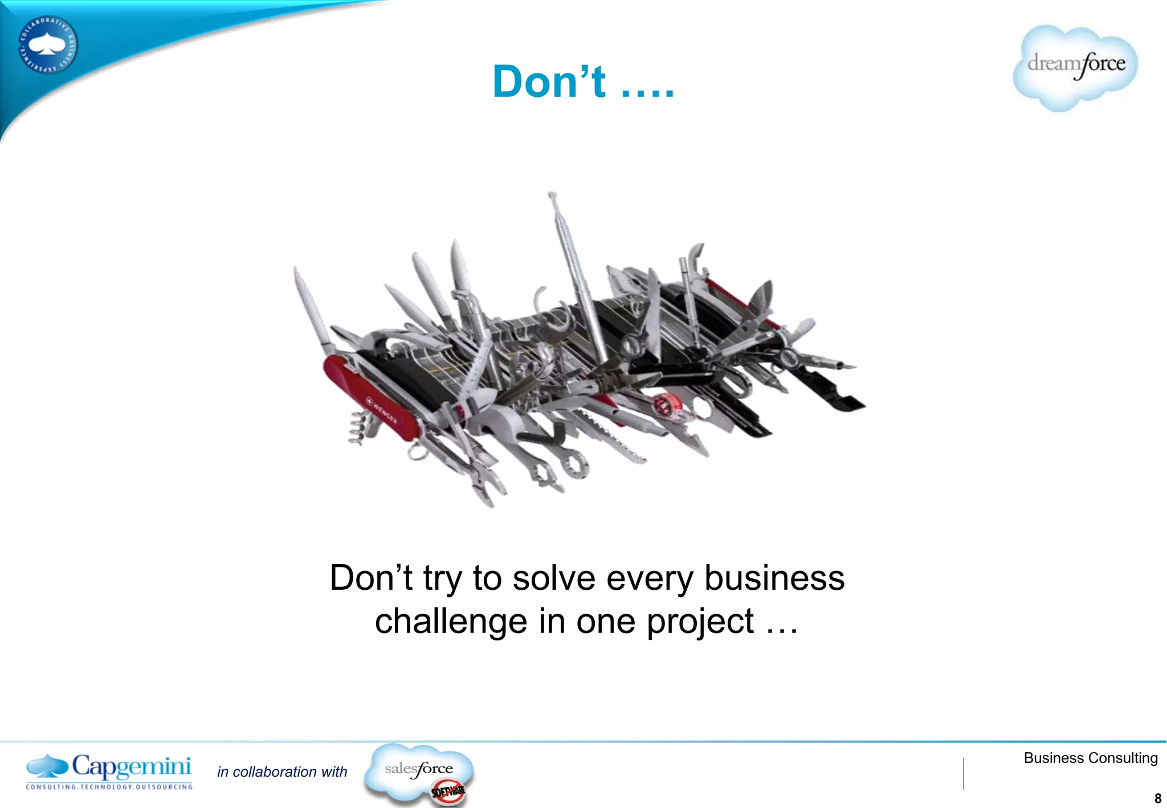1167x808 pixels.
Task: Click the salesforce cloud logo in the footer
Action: [419, 770]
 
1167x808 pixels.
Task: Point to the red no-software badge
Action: [448, 791]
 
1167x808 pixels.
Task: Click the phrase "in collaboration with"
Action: [282, 772]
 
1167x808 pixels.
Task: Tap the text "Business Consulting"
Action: [1091, 758]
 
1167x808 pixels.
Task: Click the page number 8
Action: [1157, 798]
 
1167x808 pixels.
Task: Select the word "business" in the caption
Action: [774, 578]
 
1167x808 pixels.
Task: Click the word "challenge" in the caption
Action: [451, 621]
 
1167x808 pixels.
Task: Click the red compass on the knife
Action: [664, 405]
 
